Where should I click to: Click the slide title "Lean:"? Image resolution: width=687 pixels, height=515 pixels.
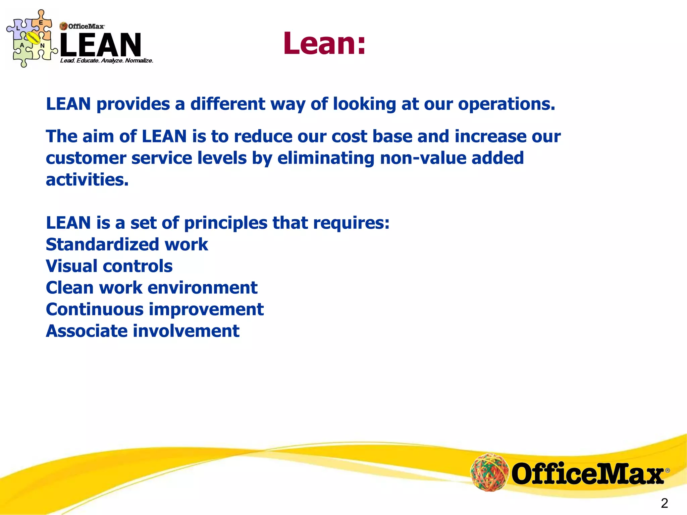(x=324, y=44)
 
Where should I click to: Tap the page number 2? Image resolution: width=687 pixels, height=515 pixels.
(x=664, y=503)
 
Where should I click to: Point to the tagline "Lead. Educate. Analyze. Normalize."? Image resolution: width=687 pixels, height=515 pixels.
(x=106, y=61)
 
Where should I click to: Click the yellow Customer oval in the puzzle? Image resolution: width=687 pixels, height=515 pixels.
(x=33, y=38)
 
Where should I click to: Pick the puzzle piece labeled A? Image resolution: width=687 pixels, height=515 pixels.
(x=22, y=47)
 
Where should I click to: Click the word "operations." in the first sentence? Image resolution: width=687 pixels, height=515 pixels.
(x=507, y=104)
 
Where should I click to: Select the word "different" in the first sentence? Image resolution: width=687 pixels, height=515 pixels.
(x=228, y=104)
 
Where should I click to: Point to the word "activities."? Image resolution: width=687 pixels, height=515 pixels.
(x=87, y=180)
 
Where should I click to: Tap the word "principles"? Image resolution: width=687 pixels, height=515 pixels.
(x=226, y=223)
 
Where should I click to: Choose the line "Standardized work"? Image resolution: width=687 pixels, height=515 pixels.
(x=127, y=244)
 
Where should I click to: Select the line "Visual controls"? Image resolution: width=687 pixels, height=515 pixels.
(x=109, y=266)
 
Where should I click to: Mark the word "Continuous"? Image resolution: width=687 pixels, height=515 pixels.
(x=95, y=309)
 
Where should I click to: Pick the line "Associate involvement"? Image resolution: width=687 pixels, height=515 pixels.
(x=143, y=331)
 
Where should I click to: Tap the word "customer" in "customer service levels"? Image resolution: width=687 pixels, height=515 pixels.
(x=86, y=158)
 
